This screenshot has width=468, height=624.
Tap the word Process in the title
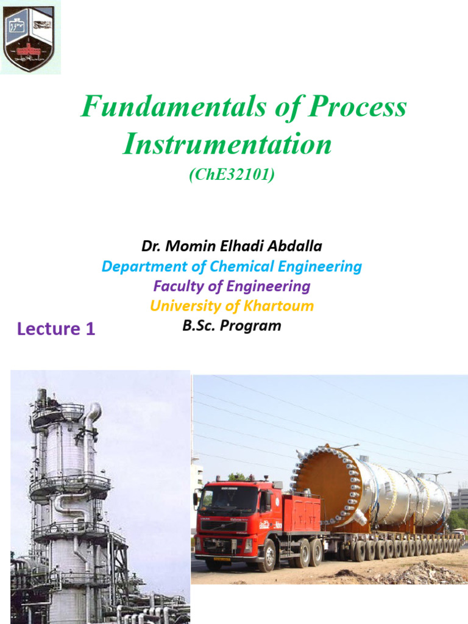point(357,108)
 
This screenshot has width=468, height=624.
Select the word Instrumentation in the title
point(227,145)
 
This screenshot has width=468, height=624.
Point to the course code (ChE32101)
point(232,175)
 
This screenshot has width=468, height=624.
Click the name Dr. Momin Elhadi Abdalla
point(232,246)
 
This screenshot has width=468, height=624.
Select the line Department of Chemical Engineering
point(232,266)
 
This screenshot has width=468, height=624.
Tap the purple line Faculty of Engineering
point(232,286)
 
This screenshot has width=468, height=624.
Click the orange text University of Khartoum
point(232,305)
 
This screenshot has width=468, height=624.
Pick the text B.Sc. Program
point(232,325)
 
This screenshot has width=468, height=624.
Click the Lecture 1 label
point(56,329)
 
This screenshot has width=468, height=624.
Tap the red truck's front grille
point(216,526)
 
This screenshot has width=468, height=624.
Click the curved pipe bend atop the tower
point(93,412)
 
